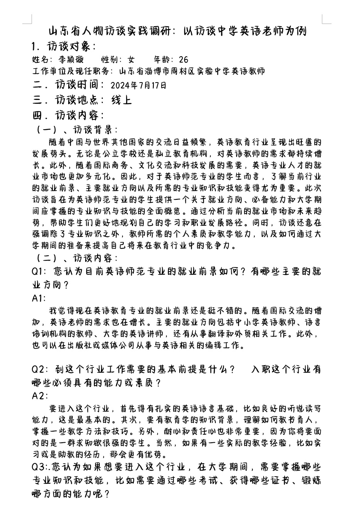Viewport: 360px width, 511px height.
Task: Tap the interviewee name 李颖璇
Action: point(71,59)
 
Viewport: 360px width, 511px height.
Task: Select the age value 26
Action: point(183,59)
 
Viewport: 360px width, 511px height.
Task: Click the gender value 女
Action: point(131,59)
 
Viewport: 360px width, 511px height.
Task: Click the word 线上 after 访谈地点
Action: point(121,100)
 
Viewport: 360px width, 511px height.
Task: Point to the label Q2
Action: point(39,369)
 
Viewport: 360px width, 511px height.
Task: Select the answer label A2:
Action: point(40,396)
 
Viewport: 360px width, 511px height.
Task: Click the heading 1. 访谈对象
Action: point(64,46)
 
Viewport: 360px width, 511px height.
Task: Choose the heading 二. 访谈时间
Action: point(68,85)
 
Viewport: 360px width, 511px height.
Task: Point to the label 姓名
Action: point(40,59)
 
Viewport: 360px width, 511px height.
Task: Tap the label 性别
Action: point(109,59)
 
